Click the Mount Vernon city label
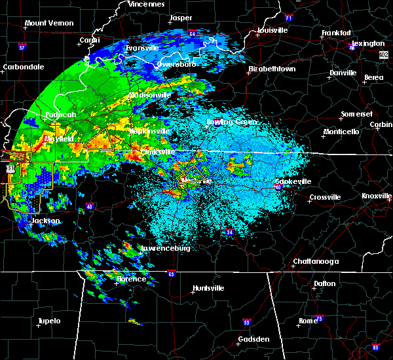49,24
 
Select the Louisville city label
272,30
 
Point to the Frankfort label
337,33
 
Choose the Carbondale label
24,67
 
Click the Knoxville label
377,196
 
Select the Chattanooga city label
316,262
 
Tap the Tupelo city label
48,321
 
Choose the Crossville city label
325,197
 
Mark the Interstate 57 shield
22,48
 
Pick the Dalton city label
324,283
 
